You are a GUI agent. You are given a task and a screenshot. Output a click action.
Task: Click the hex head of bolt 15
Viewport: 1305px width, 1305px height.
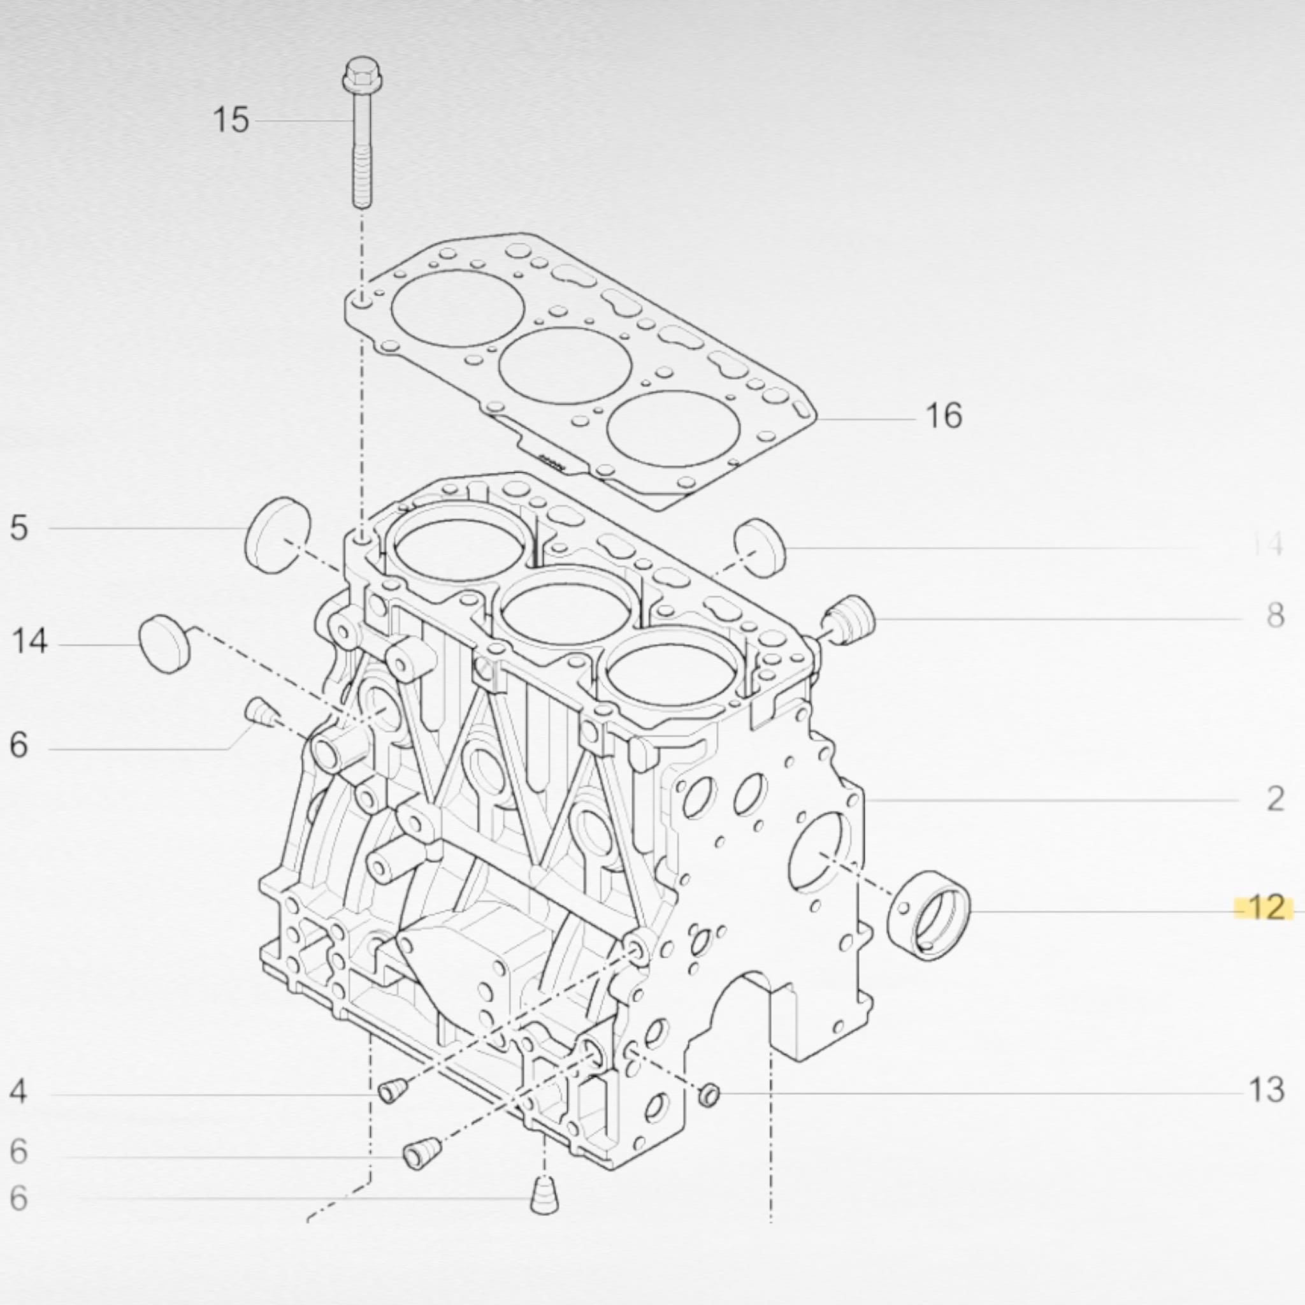(x=362, y=75)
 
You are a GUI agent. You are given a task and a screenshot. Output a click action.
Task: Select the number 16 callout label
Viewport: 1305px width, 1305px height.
(x=944, y=415)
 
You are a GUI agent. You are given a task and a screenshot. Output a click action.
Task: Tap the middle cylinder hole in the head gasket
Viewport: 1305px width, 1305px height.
(x=565, y=365)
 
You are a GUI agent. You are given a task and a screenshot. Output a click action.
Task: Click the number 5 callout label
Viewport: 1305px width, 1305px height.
(x=19, y=528)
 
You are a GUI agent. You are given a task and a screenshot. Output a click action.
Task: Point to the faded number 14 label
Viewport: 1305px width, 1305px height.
(x=1267, y=544)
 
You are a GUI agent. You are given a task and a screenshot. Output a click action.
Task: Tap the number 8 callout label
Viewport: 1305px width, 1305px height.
(x=1274, y=616)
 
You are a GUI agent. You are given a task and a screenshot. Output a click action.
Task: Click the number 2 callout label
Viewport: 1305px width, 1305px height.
(x=1274, y=800)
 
